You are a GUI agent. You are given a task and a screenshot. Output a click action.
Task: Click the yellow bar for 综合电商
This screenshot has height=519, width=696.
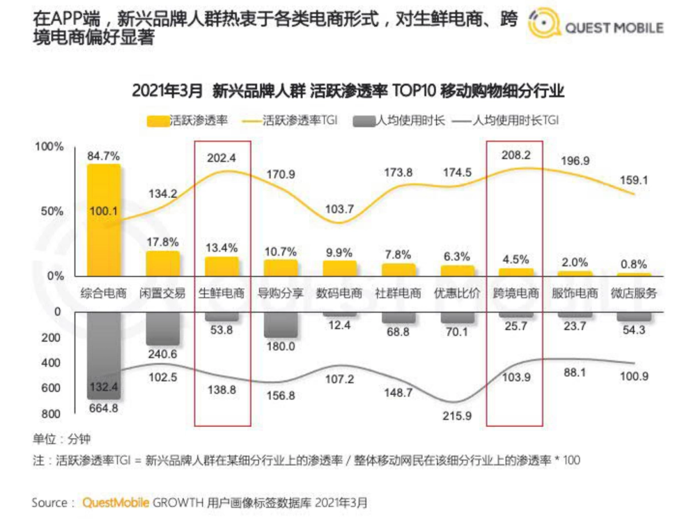pyautogui.click(x=104, y=220)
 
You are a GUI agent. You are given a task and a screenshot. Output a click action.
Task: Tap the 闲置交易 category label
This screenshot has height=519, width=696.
pyautogui.click(x=162, y=293)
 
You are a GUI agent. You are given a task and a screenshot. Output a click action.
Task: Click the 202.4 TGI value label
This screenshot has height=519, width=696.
pyautogui.click(x=222, y=158)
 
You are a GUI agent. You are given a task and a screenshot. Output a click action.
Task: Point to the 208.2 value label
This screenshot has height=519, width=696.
pyautogui.click(x=515, y=156)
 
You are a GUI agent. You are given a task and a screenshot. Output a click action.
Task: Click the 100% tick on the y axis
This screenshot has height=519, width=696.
pyautogui.click(x=49, y=147)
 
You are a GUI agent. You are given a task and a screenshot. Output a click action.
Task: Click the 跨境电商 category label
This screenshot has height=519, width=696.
pyautogui.click(x=516, y=293)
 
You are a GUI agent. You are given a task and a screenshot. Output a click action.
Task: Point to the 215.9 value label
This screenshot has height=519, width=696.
pyautogui.click(x=457, y=415)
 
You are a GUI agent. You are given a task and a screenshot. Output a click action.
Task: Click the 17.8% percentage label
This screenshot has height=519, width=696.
pyautogui.click(x=163, y=242)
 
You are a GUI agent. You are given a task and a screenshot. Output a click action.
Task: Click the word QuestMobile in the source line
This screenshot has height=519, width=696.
pyautogui.click(x=116, y=502)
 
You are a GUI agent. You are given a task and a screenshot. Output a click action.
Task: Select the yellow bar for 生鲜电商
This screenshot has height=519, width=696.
pyautogui.click(x=222, y=266)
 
